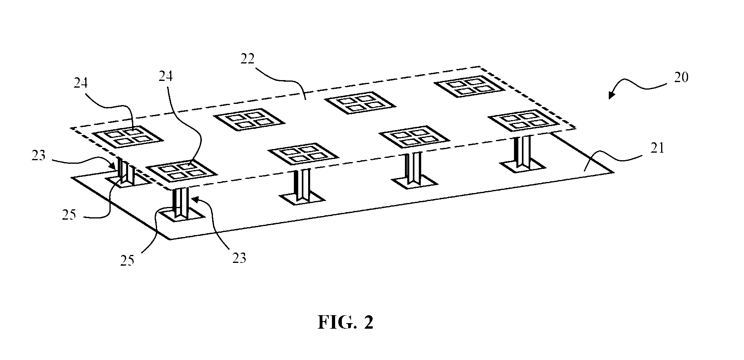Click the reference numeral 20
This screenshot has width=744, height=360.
pos(681,77)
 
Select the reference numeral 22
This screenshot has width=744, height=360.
pos(247,59)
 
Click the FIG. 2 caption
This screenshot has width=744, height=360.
pos(345,322)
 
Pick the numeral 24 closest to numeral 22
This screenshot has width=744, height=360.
pos(166,76)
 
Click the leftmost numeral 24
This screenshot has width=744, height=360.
pos(81,83)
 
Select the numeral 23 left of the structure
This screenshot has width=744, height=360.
pos(39,155)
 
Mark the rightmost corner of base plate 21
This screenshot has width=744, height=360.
pos(614,172)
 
